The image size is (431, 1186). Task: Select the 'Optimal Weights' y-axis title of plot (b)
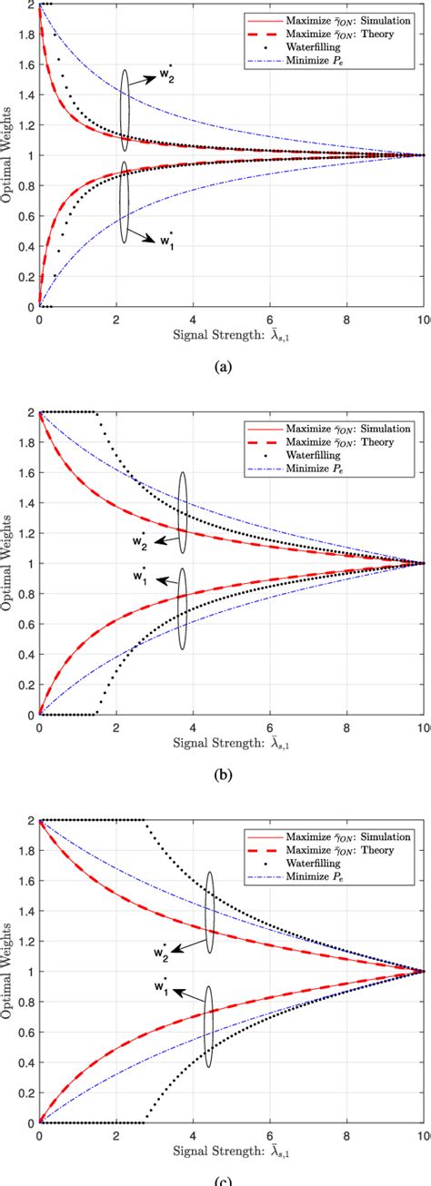coord(7,563)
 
